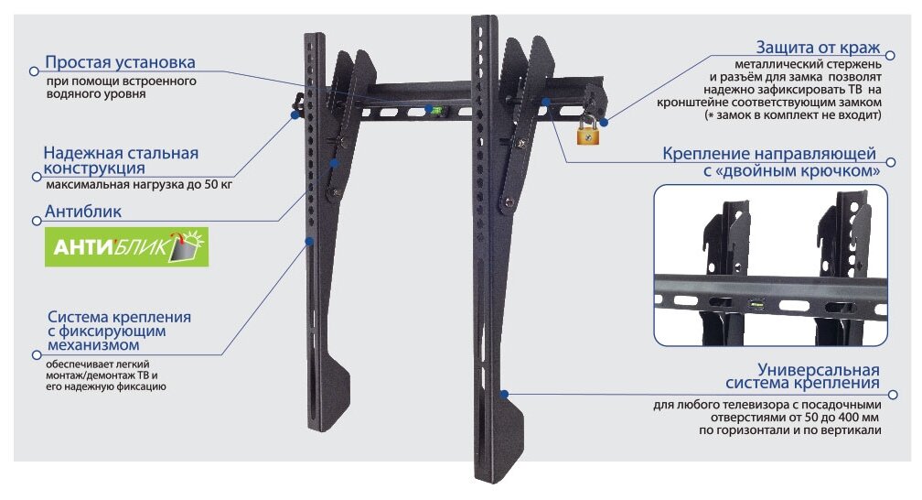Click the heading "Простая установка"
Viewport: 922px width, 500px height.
click(x=121, y=62)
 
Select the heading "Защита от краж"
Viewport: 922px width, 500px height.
click(x=818, y=47)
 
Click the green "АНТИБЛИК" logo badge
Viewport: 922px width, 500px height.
click(x=126, y=247)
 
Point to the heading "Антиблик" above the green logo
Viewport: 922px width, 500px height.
click(x=83, y=212)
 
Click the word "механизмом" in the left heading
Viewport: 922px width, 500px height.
click(x=94, y=345)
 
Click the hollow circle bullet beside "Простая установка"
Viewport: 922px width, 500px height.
click(x=33, y=69)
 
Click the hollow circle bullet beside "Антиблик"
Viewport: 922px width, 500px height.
click(x=34, y=218)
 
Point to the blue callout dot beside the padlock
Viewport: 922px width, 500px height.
click(x=606, y=119)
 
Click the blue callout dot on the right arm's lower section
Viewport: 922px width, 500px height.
click(x=503, y=394)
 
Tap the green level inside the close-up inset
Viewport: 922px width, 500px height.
click(x=756, y=304)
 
